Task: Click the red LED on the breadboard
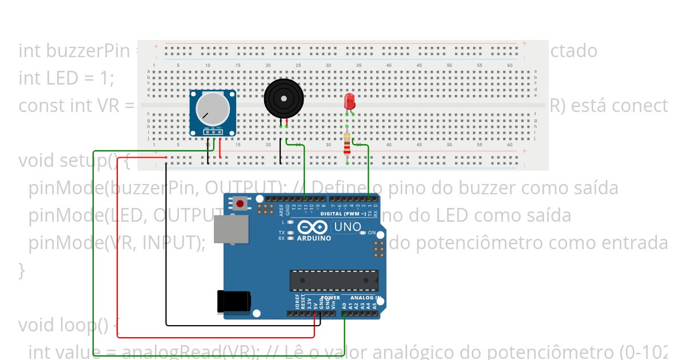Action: [x=350, y=102]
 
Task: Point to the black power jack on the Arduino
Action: [x=233, y=301]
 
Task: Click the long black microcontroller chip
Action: [x=334, y=281]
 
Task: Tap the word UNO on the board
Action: [x=348, y=227]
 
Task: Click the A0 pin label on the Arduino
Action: [x=344, y=306]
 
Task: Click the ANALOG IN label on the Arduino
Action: [x=365, y=298]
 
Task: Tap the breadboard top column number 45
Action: [x=419, y=65]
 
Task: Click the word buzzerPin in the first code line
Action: [x=74, y=50]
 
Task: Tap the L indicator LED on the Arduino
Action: [x=291, y=222]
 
